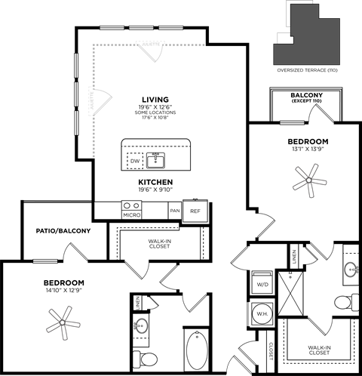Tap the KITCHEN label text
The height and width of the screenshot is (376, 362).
point(156,183)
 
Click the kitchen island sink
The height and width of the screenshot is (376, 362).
point(156,159)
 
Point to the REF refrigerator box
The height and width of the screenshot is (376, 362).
point(195,211)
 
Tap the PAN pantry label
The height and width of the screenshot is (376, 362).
point(175,211)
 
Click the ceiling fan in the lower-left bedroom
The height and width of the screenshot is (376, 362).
point(62,322)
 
